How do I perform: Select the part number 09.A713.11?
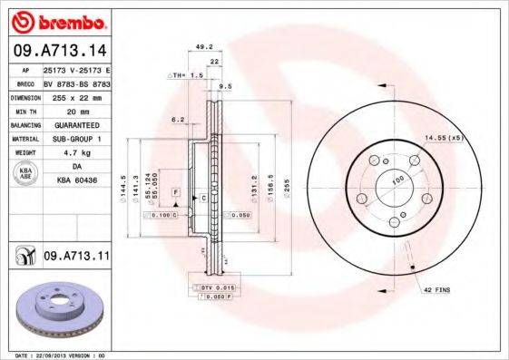[76, 258]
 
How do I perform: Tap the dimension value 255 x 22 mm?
[76, 94]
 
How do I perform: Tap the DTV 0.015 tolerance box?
[211, 287]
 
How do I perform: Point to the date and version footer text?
[68, 355]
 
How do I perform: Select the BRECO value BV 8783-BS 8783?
[76, 83]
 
